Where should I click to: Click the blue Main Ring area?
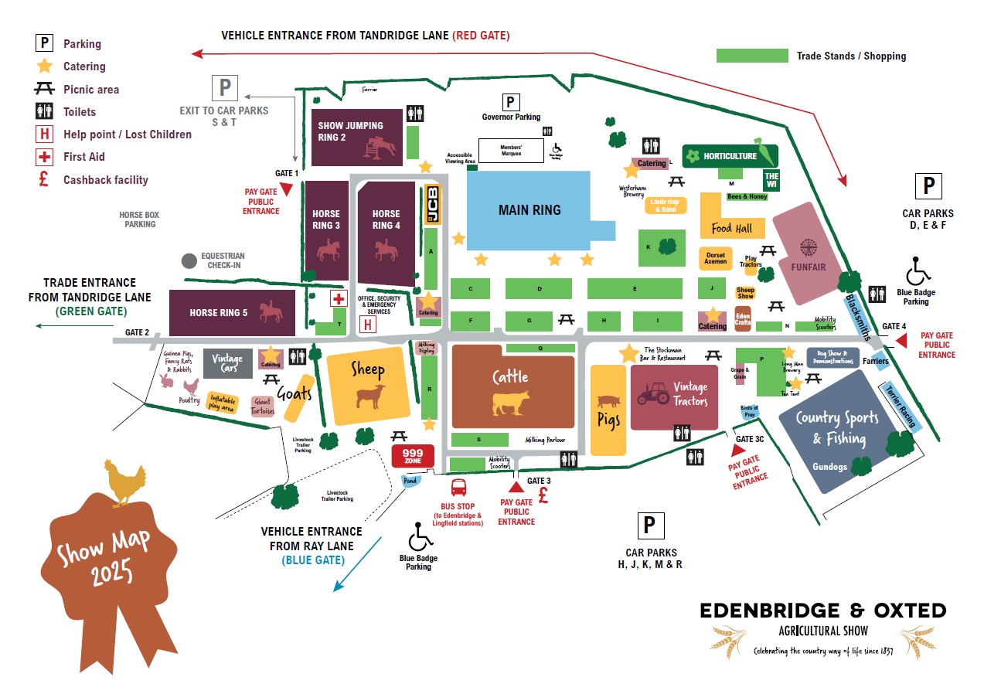click(529, 210)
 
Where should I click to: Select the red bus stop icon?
click(459, 488)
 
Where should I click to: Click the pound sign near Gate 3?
click(543, 495)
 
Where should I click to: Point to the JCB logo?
click(432, 205)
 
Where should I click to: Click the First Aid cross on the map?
click(338, 299)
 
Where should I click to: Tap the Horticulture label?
click(729, 156)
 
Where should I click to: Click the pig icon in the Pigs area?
click(608, 401)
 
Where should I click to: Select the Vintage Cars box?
click(227, 363)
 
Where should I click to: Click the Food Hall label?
click(731, 228)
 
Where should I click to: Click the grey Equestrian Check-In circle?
click(189, 261)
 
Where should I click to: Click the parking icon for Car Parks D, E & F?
click(928, 187)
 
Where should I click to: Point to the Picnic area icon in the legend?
click(45, 89)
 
